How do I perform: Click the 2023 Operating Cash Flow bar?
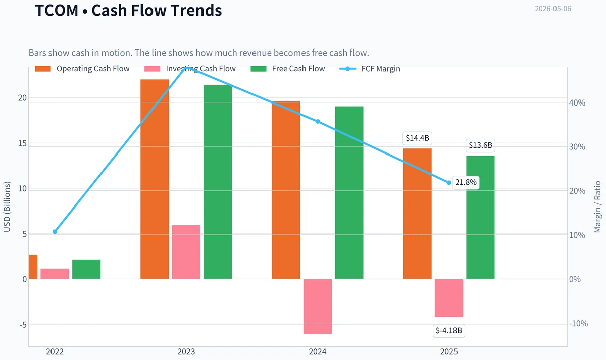coord(155,179)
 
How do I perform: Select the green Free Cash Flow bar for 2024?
coord(349,192)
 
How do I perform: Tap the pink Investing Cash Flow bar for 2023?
coord(186,252)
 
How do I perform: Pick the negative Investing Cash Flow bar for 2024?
coord(318,306)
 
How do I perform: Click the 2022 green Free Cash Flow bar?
coord(86,269)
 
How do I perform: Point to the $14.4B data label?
coord(417,138)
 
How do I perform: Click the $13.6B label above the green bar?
coord(480,145)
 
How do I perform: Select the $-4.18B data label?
coord(449,331)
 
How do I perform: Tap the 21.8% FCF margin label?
coord(466,182)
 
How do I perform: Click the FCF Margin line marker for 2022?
coord(55,232)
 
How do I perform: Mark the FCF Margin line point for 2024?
coord(318,122)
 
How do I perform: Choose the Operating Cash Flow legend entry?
coord(82,69)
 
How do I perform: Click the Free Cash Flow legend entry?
coord(287,69)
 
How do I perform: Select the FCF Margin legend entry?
coord(370,69)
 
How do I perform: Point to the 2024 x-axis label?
coord(318,351)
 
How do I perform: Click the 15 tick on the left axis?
coord(22,143)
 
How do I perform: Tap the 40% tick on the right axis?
coord(577,103)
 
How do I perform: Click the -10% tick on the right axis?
coord(578,324)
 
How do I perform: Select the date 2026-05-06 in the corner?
coord(553,9)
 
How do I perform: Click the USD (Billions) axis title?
coord(7,207)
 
